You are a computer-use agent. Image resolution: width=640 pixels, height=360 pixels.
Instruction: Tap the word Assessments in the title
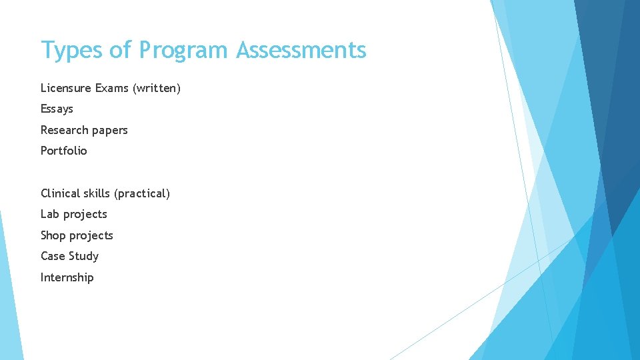(x=301, y=51)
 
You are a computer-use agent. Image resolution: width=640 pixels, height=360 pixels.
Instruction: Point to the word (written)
(x=157, y=88)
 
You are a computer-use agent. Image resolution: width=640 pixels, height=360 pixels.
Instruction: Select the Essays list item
(x=57, y=109)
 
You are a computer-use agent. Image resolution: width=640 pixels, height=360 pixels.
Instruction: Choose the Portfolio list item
(x=63, y=151)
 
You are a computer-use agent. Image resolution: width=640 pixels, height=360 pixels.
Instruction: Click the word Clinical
(x=60, y=193)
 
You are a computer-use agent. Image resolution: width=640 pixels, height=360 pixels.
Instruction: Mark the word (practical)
(x=142, y=193)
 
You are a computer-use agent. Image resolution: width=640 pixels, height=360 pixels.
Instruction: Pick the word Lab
(x=50, y=214)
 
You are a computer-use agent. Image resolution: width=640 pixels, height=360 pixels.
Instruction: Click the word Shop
(x=53, y=235)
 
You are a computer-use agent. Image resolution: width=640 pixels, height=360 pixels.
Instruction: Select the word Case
(x=53, y=256)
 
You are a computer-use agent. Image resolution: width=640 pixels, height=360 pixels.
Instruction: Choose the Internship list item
(x=67, y=277)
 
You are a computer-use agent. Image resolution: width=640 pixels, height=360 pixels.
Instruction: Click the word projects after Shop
(x=91, y=236)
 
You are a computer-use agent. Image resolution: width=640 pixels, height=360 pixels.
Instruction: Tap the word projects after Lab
(x=85, y=215)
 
